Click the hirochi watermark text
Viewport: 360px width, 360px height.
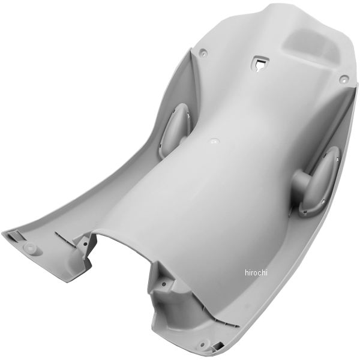point(256,273)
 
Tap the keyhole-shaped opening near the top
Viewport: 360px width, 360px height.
point(260,64)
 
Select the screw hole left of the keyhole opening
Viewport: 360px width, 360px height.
point(203,52)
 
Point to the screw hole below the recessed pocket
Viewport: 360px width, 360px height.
point(343,79)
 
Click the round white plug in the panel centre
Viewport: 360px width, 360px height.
point(214,141)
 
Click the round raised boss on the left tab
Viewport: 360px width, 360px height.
point(30,247)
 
